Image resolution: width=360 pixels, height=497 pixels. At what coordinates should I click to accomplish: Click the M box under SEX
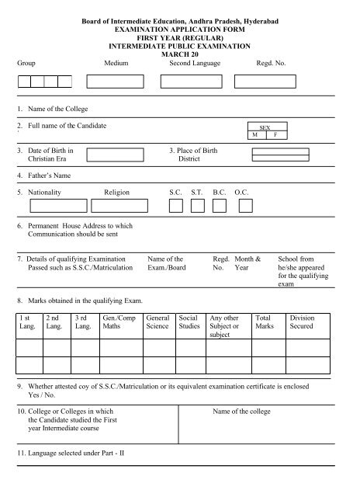[x=254, y=134]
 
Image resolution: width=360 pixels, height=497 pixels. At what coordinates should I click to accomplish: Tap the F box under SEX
[x=274, y=134]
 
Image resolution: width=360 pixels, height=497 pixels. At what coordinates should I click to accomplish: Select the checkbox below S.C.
[x=176, y=205]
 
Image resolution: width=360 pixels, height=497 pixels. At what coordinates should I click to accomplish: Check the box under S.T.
[x=198, y=205]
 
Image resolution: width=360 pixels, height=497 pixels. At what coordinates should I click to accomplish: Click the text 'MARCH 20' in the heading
[x=179, y=54]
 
